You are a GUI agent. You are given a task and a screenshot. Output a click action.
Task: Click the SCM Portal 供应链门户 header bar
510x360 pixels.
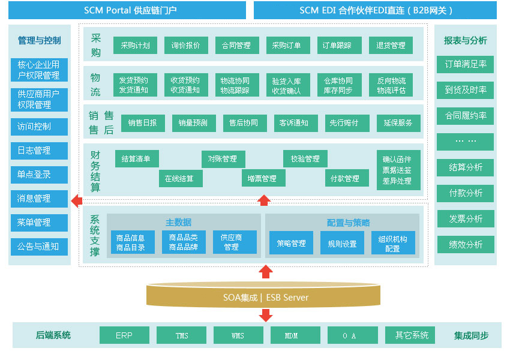point(127,10)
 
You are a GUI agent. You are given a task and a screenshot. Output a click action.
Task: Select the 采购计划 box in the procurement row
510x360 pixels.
point(135,45)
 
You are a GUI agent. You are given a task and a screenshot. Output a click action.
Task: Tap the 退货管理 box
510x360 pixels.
point(391,45)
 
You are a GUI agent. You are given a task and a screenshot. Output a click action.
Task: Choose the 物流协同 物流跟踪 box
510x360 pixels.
point(237,85)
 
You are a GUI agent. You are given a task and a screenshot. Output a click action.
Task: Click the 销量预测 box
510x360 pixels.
point(194,123)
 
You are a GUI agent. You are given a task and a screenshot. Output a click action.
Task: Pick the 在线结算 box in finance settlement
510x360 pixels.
point(181,178)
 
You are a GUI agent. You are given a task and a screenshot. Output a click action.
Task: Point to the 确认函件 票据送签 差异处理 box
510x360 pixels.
point(398,170)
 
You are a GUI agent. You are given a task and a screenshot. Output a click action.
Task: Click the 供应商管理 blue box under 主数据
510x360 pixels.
point(235,242)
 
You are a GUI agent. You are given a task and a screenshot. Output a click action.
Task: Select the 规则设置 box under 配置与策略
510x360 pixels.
point(342,242)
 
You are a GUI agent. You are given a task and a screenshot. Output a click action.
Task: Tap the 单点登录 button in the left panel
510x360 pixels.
point(39,175)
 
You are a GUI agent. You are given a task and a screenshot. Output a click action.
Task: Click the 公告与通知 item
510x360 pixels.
point(39,247)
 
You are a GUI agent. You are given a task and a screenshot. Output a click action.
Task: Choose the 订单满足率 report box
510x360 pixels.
point(465,64)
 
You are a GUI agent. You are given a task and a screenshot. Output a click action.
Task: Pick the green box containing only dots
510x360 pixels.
point(465,142)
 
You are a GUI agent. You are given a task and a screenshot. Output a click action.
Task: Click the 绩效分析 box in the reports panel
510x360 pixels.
point(466,244)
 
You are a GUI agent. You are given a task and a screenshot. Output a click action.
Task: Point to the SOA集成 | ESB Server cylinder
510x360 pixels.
point(263,295)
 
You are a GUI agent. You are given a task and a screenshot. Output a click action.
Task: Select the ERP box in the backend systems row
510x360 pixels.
point(124,335)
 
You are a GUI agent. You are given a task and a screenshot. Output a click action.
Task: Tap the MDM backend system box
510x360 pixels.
point(295,335)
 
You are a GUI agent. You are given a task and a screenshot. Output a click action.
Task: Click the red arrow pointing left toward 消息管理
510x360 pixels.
point(77,201)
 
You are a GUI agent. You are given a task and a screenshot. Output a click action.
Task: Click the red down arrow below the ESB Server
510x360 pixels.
point(266,315)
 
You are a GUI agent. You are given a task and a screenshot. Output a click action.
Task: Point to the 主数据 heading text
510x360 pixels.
point(178,223)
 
